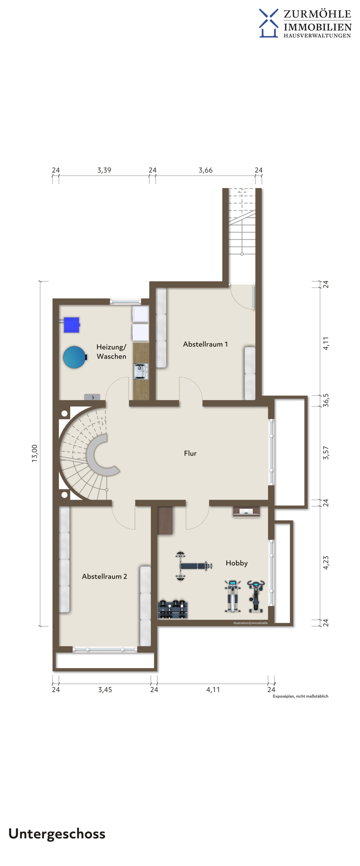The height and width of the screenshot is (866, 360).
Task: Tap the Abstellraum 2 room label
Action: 104,576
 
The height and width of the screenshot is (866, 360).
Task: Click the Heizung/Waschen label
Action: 111,352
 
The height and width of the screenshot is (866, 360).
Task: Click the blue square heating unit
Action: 71,325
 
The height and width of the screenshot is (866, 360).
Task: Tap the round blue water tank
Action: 75,357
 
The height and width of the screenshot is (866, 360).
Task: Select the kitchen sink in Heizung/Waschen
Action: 141,371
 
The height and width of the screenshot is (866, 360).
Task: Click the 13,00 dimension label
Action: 35,453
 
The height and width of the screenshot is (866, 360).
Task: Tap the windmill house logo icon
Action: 269,23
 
